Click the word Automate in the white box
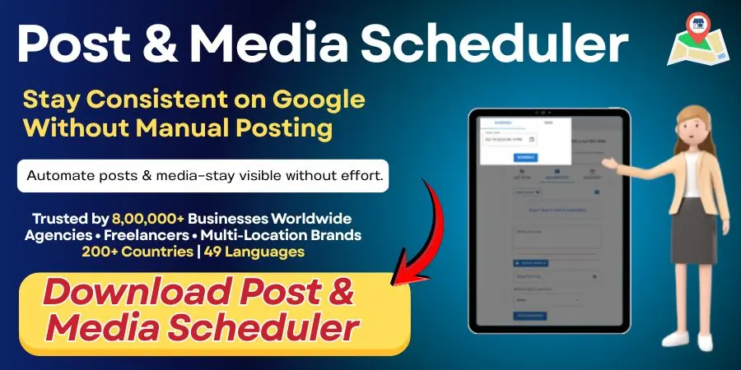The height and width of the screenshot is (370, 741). [x=59, y=176]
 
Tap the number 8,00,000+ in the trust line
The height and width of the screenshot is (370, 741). [x=137, y=220]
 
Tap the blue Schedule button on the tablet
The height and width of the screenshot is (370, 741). [x=524, y=158]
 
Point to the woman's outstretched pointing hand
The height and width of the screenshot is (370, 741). [x=608, y=163]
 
